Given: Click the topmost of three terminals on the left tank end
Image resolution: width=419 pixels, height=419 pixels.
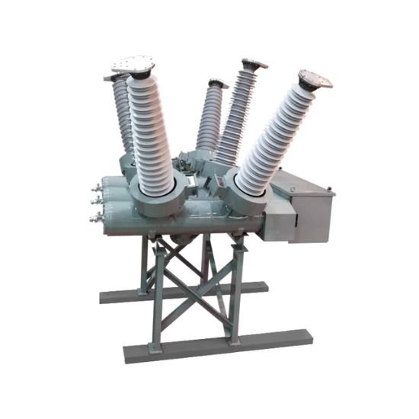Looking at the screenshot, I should pos(97,185).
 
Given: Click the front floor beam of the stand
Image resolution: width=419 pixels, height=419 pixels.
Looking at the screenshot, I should pos(217,344).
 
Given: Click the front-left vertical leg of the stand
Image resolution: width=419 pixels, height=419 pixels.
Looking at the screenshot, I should pos(157,297).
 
